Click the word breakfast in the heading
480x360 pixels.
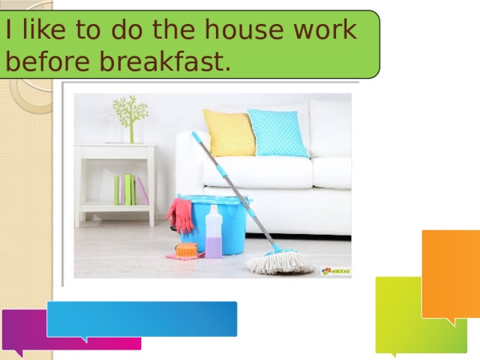(x=166, y=61)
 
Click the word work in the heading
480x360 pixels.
(x=325, y=29)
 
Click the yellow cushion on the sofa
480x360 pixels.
(x=229, y=133)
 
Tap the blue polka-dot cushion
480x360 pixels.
(x=277, y=133)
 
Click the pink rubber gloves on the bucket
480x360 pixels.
(x=180, y=215)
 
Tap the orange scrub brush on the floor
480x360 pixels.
(x=187, y=250)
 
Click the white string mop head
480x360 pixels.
(x=280, y=261)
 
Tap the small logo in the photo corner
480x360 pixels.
(x=336, y=271)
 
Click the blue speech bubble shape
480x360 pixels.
(x=142, y=319)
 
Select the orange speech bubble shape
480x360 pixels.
(x=451, y=274)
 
